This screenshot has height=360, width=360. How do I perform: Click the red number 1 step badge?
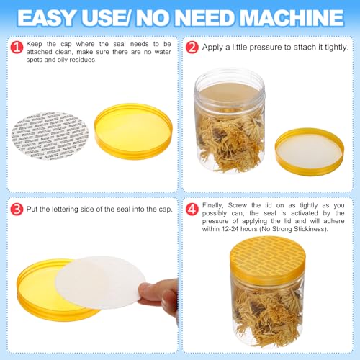[17, 48]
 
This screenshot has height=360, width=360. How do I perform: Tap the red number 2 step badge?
[192, 48]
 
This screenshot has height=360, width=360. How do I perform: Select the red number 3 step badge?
[17, 210]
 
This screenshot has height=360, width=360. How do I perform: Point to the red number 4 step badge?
[192, 210]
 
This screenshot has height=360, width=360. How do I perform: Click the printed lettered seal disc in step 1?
[50, 135]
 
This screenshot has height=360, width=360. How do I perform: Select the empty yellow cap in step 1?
[133, 131]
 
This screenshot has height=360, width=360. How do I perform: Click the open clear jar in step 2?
[230, 120]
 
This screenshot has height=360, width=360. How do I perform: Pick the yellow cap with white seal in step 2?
[310, 152]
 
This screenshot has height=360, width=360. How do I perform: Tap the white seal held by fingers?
[100, 282]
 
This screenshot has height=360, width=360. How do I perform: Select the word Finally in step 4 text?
[212, 205]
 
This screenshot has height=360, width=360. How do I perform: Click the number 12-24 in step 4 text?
[230, 229]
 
